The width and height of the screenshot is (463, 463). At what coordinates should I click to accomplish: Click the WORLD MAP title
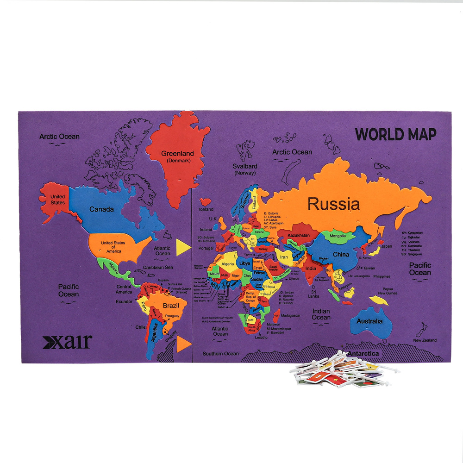tap(395, 134)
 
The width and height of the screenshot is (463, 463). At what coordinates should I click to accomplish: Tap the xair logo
tap(67, 342)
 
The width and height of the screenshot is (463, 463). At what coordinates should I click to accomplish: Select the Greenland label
tap(177, 156)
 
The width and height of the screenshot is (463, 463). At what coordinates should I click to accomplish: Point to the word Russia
tap(334, 204)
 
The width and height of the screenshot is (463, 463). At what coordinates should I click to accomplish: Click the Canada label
tap(101, 209)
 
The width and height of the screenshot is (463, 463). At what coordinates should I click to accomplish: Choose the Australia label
tap(369, 321)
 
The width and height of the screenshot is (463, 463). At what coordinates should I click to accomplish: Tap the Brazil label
tap(171, 306)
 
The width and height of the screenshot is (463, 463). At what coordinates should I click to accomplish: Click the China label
tap(341, 255)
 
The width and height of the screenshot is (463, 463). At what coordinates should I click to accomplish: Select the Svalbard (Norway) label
tap(245, 169)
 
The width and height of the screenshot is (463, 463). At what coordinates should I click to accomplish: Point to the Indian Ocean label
tap(321, 314)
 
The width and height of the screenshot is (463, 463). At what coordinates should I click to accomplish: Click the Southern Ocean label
tap(220, 354)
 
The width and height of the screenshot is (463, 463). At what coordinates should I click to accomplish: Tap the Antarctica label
tap(363, 354)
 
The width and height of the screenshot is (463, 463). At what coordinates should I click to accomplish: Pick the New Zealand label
tap(425, 340)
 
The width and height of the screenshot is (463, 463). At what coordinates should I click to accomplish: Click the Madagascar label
tap(291, 315)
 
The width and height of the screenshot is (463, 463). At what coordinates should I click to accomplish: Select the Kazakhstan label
tap(298, 236)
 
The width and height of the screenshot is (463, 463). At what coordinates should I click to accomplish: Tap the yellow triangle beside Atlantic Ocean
tap(182, 245)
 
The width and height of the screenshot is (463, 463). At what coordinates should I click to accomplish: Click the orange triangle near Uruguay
tap(184, 343)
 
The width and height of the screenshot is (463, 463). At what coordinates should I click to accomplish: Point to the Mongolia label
tap(338, 236)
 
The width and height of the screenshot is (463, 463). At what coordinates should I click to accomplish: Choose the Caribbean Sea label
tap(158, 268)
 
